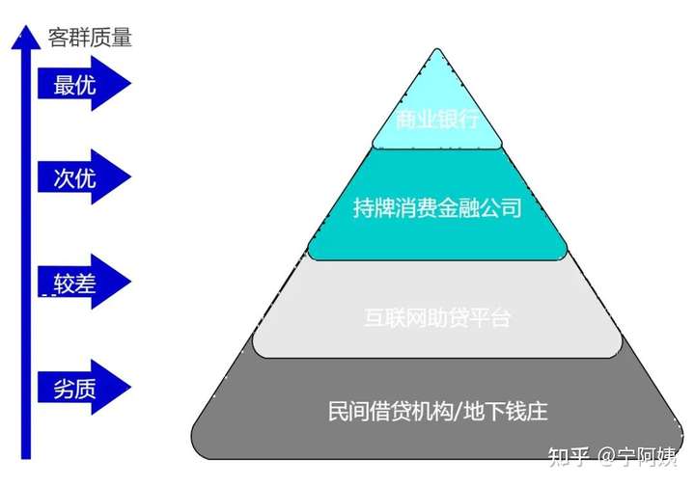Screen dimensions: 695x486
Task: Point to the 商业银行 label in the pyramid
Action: pyautogui.click(x=437, y=120)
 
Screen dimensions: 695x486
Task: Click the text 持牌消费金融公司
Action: pyautogui.click(x=437, y=207)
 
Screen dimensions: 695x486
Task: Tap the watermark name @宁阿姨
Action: pyautogui.click(x=636, y=454)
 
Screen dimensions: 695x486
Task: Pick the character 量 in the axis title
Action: pyautogui.click(x=121, y=38)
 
